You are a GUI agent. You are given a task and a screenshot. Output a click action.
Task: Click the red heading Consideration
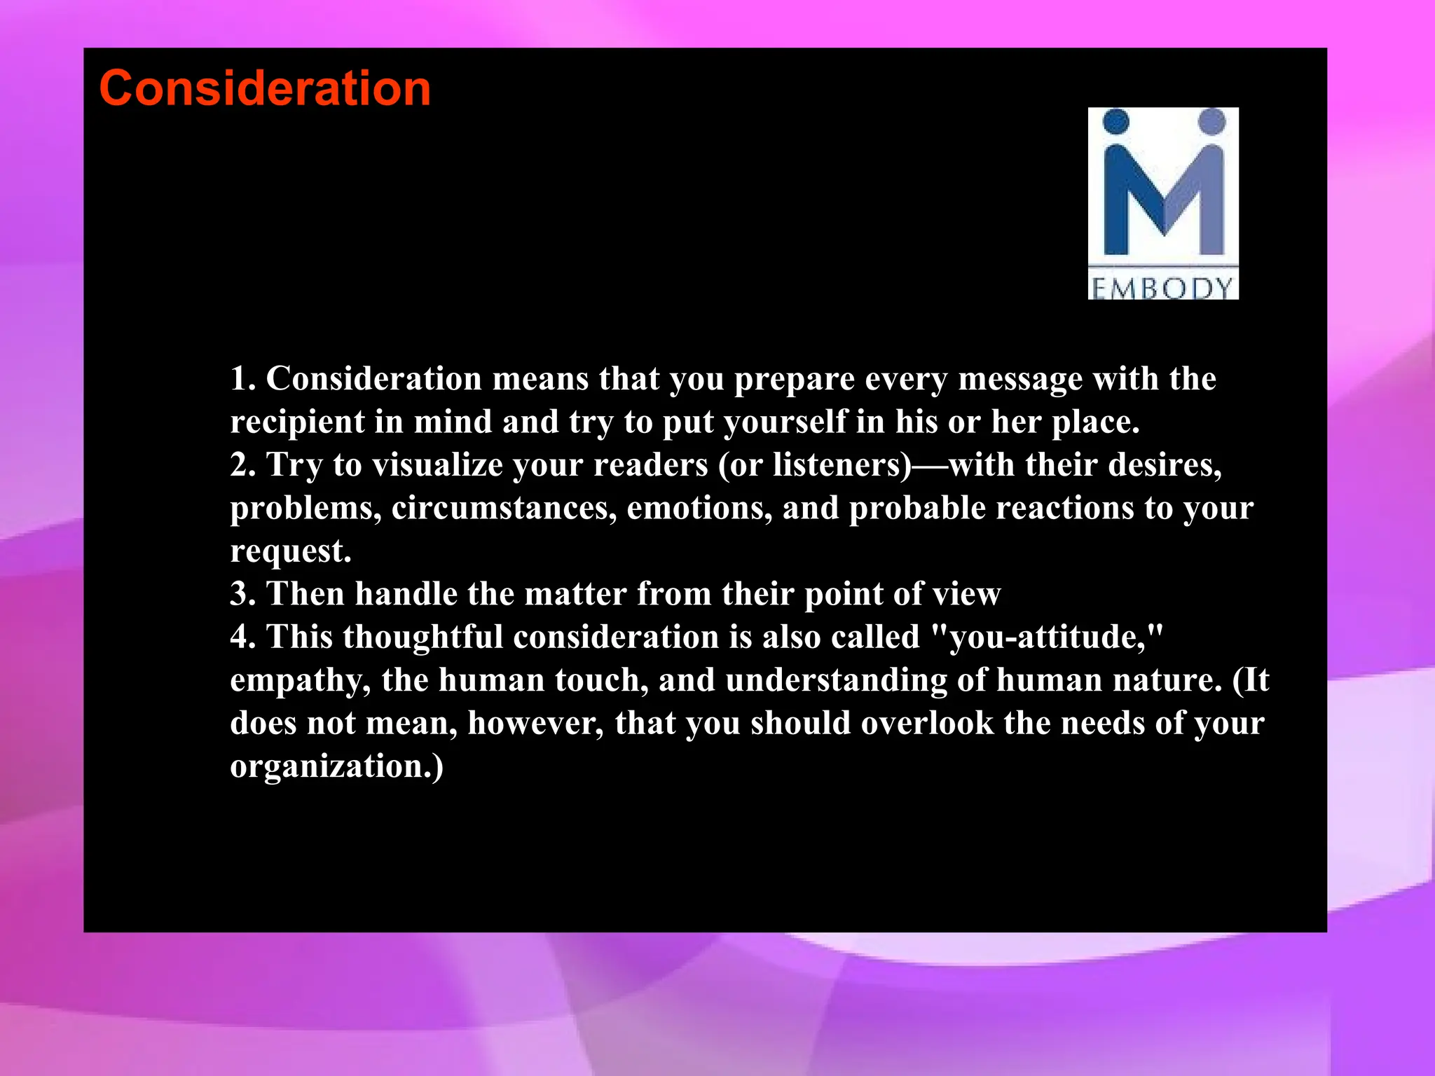click(265, 89)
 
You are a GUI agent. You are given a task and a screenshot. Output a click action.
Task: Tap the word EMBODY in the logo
click(1162, 287)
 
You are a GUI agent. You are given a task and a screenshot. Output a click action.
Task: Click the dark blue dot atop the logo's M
click(1116, 122)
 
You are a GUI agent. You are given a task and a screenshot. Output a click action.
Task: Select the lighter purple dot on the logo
click(1211, 122)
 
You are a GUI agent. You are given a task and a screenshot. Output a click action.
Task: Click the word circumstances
click(504, 509)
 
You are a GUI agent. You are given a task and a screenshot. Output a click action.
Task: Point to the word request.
click(290, 552)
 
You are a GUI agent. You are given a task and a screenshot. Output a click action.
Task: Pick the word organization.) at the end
click(336, 766)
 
